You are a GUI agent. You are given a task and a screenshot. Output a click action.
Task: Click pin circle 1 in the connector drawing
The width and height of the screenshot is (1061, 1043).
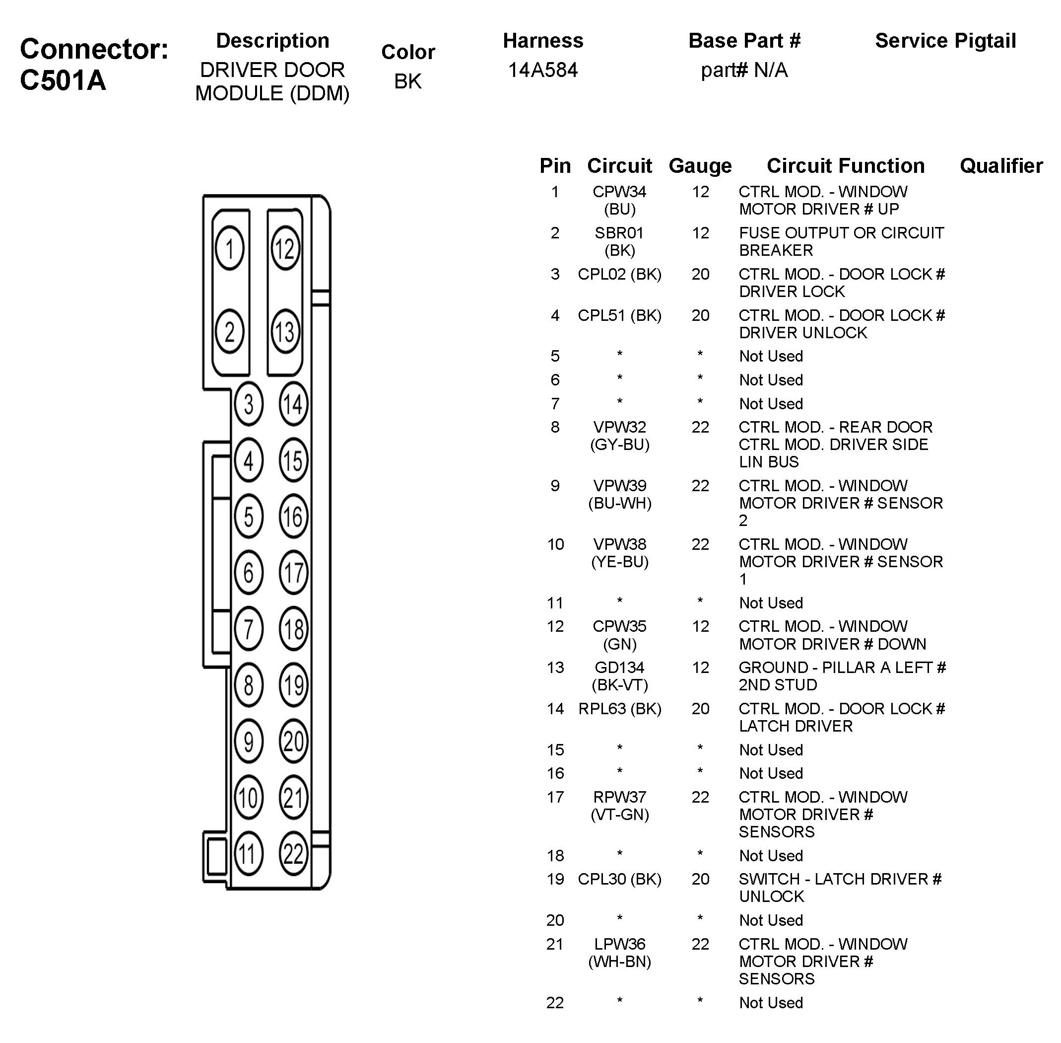click(x=229, y=248)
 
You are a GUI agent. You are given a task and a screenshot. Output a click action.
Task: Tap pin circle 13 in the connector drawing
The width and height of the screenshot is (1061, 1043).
click(x=285, y=331)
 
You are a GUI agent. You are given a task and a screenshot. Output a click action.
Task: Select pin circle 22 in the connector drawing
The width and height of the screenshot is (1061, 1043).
click(x=293, y=853)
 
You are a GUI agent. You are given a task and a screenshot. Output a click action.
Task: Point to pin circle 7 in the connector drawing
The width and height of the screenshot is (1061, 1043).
click(x=249, y=629)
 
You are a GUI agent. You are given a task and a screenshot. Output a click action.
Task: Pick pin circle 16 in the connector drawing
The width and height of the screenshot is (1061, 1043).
click(x=293, y=516)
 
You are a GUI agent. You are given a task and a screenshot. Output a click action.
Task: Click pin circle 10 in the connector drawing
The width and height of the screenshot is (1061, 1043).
click(x=249, y=798)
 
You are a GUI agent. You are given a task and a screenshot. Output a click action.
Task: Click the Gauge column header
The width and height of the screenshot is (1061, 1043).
click(x=700, y=165)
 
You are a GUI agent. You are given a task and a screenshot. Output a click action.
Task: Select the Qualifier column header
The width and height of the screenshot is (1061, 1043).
click(x=1001, y=165)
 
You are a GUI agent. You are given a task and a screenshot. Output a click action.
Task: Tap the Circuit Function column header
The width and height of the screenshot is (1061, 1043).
click(x=845, y=165)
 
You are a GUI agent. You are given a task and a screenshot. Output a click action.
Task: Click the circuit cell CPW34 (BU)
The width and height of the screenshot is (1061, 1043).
click(x=619, y=200)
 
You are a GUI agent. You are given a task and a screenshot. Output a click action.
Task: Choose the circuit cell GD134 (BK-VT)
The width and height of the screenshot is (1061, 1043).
click(x=619, y=676)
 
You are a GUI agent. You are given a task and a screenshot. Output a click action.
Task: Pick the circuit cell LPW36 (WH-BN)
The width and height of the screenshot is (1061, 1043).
click(x=619, y=953)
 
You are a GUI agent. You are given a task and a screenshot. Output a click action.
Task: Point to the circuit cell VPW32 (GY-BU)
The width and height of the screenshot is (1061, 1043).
click(x=619, y=436)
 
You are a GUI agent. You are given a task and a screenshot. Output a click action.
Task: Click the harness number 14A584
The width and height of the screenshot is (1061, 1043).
click(x=542, y=70)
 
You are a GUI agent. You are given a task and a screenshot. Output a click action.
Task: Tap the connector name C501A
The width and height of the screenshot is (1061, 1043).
click(x=63, y=80)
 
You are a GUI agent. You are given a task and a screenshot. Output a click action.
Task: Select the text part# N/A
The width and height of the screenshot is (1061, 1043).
click(x=744, y=70)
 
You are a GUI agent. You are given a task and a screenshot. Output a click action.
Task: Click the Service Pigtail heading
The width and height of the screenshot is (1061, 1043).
click(x=945, y=41)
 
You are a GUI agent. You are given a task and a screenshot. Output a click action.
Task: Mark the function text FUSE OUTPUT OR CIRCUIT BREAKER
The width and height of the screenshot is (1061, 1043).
click(x=841, y=241)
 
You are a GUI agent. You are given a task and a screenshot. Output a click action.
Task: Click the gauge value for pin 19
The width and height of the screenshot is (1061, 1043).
click(x=700, y=879)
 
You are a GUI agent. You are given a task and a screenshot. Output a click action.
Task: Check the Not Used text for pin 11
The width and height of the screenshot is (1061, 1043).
click(x=771, y=602)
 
